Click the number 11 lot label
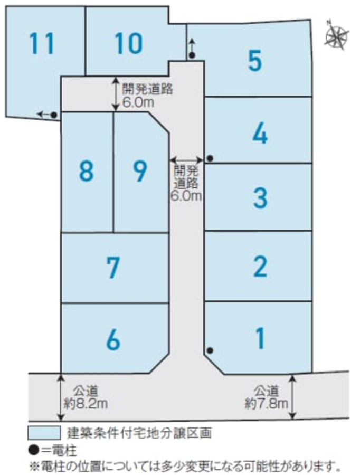click(x=42, y=43)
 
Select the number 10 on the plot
click(x=128, y=43)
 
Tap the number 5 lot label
click(x=254, y=61)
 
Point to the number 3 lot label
click(x=260, y=198)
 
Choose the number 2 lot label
click(x=260, y=267)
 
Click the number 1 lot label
click(x=260, y=338)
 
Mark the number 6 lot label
click(x=113, y=340)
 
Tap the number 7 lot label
click(x=113, y=268)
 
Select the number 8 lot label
click(x=87, y=171)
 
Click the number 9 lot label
click(x=140, y=171)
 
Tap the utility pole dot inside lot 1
click(x=210, y=350)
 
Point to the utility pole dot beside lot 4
click(x=210, y=158)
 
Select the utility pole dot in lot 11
click(x=54, y=115)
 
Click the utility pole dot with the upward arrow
click(x=192, y=55)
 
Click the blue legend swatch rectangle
click(x=44, y=433)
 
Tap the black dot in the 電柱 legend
click(x=34, y=451)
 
